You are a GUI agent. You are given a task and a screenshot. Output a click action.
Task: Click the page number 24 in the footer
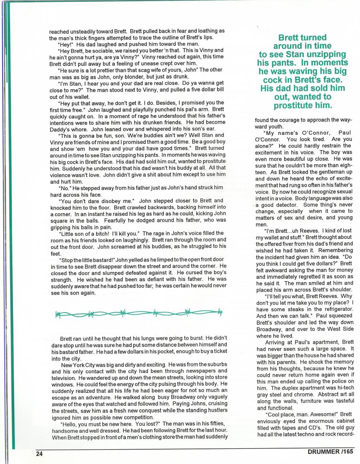[39, 454]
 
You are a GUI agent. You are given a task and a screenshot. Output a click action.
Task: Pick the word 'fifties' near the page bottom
[216, 423]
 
